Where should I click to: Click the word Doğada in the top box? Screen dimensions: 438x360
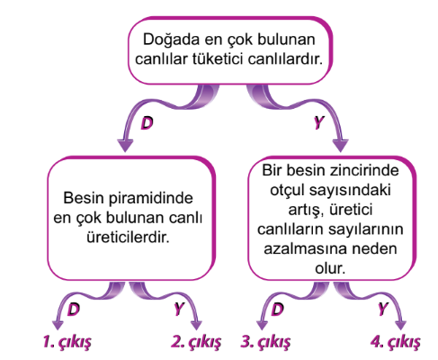pos(171,40)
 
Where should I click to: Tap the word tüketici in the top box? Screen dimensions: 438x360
pos(217,58)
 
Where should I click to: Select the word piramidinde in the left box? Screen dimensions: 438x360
pos(151,199)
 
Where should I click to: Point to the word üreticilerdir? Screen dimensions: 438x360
pos(128,238)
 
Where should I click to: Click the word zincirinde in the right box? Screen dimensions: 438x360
pos(364,170)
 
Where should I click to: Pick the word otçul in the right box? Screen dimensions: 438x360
pos(288,190)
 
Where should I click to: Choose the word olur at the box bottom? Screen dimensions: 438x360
pos(330,268)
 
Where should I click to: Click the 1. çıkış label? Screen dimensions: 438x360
pos(67,342)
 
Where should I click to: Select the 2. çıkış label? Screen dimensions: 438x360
pos(196,342)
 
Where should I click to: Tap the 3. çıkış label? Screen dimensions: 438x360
pos(265,342)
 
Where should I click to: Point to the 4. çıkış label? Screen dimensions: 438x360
pos(396,342)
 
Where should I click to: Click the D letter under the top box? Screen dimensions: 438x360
pos(147,122)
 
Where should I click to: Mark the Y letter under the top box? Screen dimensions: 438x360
pos(319,122)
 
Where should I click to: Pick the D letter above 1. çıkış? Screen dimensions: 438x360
pos(74,309)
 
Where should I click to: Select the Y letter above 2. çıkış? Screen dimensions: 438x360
pos(179,309)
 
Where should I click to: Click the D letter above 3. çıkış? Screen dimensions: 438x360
pos(277,309)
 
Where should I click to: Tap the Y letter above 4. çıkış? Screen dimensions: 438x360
pos(383,309)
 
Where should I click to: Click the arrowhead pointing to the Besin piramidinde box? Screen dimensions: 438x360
pos(125,145)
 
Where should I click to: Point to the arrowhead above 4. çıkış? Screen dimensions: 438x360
pos(400,325)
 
